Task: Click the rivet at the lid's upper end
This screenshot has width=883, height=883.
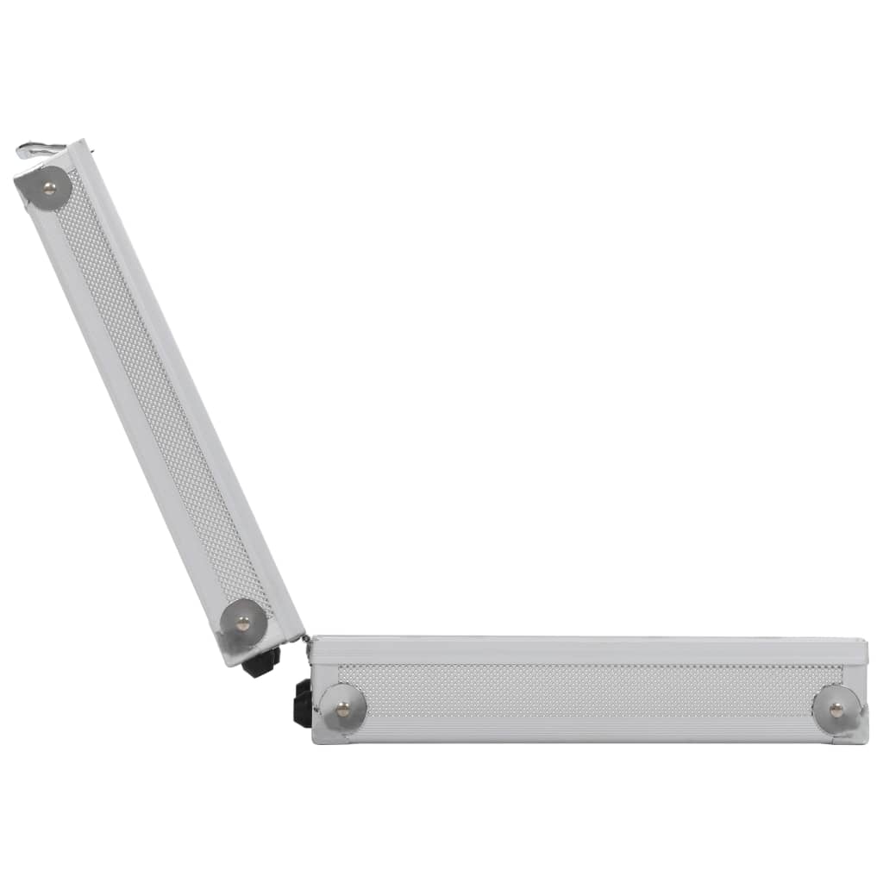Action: click(x=48, y=184)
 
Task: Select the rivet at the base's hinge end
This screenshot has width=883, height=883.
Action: click(x=343, y=708)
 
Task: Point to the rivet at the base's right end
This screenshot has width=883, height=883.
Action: click(x=836, y=709)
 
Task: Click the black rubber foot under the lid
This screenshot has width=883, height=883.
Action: click(x=261, y=661)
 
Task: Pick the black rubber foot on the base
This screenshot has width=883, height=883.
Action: click(x=303, y=703)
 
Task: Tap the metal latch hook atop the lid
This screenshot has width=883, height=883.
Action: click(x=39, y=151)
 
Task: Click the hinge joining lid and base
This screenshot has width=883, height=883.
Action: click(x=306, y=640)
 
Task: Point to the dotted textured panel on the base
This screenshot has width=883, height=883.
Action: click(x=586, y=690)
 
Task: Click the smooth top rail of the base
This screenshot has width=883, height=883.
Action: click(x=586, y=649)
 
